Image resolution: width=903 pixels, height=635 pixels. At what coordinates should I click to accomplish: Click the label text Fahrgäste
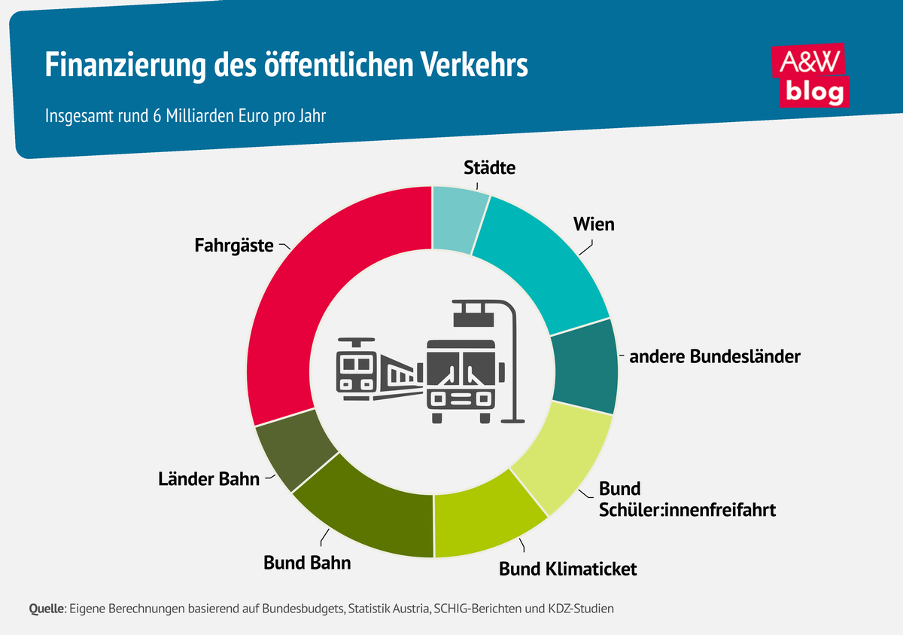point(234,246)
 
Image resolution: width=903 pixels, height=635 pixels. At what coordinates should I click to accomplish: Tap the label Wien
point(594,224)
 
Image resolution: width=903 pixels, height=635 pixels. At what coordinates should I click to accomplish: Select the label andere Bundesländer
point(714,357)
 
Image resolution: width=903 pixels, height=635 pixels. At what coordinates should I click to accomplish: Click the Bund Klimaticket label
point(568,569)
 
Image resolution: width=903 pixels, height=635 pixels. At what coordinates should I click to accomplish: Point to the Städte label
point(490,168)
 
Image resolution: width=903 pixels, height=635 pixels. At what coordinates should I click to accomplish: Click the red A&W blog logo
point(812,75)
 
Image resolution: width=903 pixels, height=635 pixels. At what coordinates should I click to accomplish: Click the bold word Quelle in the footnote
point(47,608)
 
